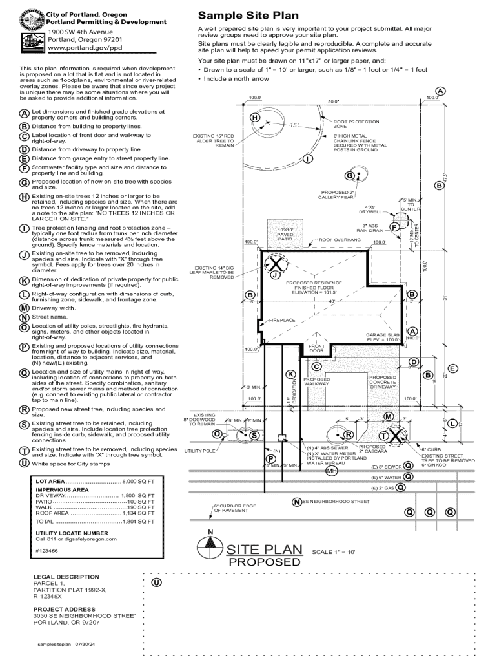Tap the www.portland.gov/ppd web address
click(85, 48)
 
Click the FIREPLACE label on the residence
click(282, 320)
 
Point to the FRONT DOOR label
click(316, 348)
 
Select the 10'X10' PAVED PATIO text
click(285, 234)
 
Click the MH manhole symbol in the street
click(332, 471)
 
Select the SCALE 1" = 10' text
click(334, 553)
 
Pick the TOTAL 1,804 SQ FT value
click(138, 521)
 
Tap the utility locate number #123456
click(46, 550)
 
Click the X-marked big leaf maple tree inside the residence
click(276, 264)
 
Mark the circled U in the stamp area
click(156, 582)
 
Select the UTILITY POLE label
click(200, 451)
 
